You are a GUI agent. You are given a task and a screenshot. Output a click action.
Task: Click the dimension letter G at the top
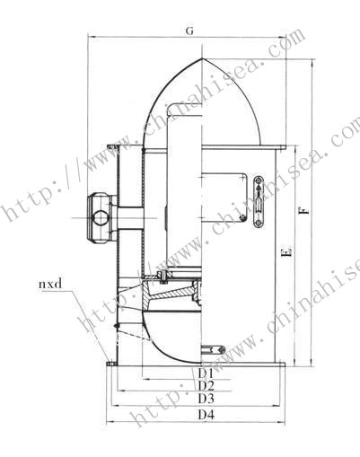tap(189, 31)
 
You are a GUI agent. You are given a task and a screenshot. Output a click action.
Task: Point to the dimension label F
tap(305, 212)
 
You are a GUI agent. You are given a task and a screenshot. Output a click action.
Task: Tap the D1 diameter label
tap(205, 371)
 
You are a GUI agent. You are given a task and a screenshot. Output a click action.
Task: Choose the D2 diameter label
tap(205, 385)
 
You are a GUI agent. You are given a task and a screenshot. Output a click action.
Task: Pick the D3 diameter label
tap(205, 399)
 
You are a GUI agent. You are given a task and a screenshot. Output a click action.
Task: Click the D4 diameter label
tap(205, 416)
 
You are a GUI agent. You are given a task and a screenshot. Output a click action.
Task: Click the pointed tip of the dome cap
tap(205, 60)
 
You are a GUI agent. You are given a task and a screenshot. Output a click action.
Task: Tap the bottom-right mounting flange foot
tap(280, 365)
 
